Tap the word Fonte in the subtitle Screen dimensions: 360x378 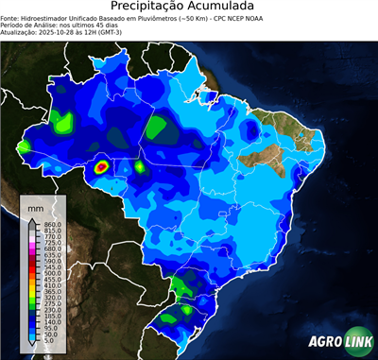[10, 17]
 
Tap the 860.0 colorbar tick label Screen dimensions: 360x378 [54, 222]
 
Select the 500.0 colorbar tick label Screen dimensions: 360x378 [54, 273]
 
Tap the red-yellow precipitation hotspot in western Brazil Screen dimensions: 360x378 [101, 167]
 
